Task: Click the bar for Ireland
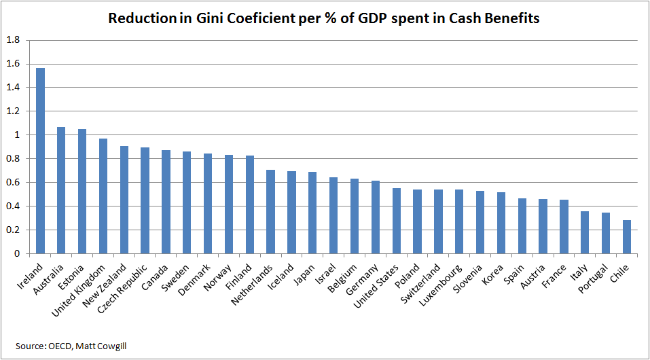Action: click(x=40, y=160)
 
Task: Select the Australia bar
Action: click(x=61, y=190)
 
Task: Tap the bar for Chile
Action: click(x=626, y=237)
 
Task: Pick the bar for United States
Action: click(x=396, y=221)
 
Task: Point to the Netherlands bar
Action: click(x=270, y=211)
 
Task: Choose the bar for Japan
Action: click(x=312, y=213)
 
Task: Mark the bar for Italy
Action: click(x=585, y=233)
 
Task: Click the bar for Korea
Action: click(x=501, y=223)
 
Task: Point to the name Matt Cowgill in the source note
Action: click(x=107, y=346)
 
